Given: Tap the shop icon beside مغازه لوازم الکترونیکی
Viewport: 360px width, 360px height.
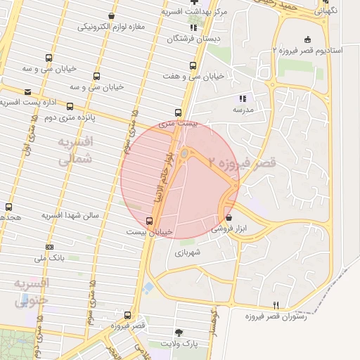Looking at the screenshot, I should point(111,15).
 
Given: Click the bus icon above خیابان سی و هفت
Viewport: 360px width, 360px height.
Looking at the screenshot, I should point(192,65).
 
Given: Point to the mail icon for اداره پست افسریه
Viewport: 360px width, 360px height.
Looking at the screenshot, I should point(27,92).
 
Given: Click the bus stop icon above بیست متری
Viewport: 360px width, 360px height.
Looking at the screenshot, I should point(178,112).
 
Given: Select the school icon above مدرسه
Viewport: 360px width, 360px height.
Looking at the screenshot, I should point(243,99).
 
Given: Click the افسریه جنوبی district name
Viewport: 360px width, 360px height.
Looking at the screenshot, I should point(32,292).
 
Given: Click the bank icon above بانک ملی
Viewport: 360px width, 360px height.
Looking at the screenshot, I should point(49,247).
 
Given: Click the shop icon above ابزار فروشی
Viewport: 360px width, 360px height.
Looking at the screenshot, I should point(229,219).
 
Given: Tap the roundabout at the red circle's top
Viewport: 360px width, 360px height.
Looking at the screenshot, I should point(184,153).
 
